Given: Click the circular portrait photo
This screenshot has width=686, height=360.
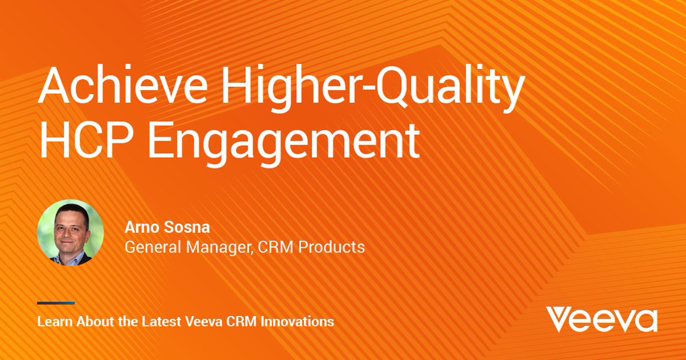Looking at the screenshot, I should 70,233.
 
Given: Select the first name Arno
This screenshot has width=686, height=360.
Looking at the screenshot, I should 138,229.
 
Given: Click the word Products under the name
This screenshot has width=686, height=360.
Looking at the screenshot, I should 332,247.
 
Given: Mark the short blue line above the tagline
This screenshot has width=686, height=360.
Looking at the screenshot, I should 56,303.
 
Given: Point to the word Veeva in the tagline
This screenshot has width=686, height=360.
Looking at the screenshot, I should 201,321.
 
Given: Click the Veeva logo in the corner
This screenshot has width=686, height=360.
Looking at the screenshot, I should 601,319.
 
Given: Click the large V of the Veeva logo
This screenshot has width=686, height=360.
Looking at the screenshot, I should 558,319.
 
